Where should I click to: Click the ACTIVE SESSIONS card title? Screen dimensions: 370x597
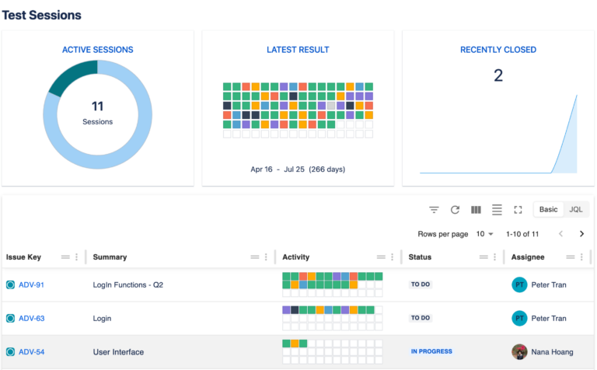click(97, 50)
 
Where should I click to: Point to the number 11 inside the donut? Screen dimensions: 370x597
click(97, 106)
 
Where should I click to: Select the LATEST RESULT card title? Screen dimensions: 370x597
click(298, 50)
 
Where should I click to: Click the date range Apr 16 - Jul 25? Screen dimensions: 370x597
click(298, 169)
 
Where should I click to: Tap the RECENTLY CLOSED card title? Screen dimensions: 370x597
click(497, 50)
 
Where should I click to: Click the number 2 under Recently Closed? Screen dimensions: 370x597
click(498, 75)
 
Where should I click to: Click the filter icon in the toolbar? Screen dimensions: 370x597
click(435, 210)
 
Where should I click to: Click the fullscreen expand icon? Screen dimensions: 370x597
click(518, 210)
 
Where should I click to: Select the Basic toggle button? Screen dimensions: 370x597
click(549, 210)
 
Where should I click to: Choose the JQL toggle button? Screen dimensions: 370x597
click(575, 210)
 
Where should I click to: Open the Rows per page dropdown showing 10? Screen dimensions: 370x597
click(485, 234)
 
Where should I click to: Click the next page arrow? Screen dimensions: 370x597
click(581, 234)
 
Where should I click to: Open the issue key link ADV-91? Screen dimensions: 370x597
click(31, 285)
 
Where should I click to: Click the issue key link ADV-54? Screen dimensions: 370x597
click(31, 352)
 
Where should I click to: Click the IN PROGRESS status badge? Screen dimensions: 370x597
click(431, 351)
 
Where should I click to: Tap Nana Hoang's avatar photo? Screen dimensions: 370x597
click(519, 351)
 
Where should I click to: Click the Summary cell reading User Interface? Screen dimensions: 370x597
click(118, 352)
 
